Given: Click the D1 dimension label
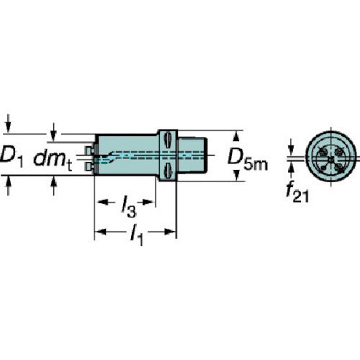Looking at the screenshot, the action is point(12,158).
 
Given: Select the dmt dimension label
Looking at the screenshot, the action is point(53,159).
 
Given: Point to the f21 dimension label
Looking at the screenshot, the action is point(297,193).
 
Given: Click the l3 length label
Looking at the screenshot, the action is point(129,207).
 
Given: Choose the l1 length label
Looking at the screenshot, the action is point(137,235).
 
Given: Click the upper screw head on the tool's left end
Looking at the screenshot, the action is point(89,150).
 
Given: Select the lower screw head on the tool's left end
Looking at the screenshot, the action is point(89,167).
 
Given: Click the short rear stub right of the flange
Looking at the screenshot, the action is point(192,155).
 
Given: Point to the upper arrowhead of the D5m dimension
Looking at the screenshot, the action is point(236,136).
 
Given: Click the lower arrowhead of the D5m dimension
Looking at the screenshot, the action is point(236,175).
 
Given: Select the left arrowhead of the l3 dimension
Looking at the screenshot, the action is point(102,202).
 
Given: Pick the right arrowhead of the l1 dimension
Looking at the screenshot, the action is point(170,232).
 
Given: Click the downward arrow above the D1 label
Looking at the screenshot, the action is point(9,123).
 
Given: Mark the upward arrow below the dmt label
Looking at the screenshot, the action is point(53,186).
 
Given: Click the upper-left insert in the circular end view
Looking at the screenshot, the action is point(323,152).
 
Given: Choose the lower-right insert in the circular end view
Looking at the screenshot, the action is point(339,167).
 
